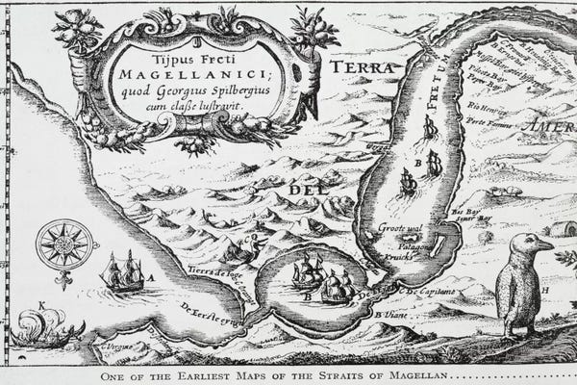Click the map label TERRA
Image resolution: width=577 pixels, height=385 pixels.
pos(361,67)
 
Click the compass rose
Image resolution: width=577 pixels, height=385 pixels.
pos(64,244)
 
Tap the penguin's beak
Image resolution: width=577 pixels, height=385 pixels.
pos(545,245)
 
